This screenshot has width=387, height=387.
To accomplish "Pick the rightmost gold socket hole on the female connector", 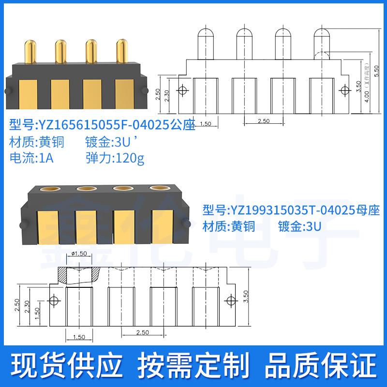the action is click(x=158, y=188).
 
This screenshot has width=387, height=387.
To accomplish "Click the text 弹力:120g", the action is click(x=115, y=158).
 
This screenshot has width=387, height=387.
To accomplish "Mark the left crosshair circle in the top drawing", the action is click(x=182, y=90).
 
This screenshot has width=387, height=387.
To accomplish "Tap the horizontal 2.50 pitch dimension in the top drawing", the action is click(x=263, y=121).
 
